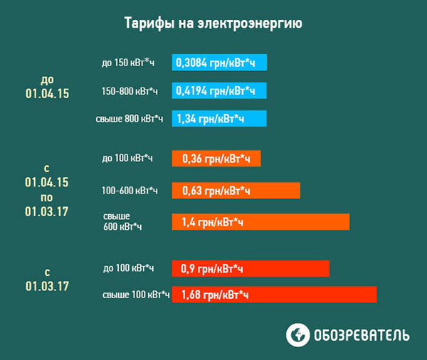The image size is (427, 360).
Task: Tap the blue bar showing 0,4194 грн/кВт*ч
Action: click(x=219, y=91)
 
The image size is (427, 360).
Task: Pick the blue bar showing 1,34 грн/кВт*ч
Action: click(x=219, y=119)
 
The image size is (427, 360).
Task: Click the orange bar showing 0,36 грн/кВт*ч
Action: click(x=216, y=158)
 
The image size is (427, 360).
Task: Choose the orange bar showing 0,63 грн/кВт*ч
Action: click(x=236, y=191)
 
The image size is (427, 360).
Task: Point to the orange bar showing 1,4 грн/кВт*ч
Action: click(x=260, y=222)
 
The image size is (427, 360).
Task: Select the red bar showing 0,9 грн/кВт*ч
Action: click(x=251, y=268)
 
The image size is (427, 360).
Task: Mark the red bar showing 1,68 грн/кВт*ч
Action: click(x=274, y=295)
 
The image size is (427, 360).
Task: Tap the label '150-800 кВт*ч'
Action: click(x=130, y=91)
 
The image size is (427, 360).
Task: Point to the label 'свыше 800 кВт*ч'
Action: click(x=129, y=119)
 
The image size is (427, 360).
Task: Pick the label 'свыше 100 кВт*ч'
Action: click(x=136, y=295)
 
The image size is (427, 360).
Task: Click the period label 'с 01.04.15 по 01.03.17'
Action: click(x=48, y=190)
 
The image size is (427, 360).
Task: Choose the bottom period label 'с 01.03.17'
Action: click(x=48, y=279)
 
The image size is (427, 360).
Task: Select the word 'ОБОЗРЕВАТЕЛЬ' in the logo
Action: click(x=362, y=335)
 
